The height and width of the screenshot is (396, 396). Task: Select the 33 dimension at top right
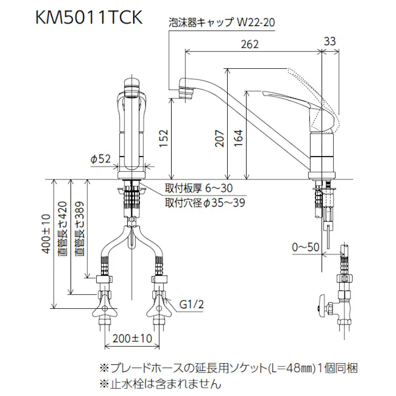330,41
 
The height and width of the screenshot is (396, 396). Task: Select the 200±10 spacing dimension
132,337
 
